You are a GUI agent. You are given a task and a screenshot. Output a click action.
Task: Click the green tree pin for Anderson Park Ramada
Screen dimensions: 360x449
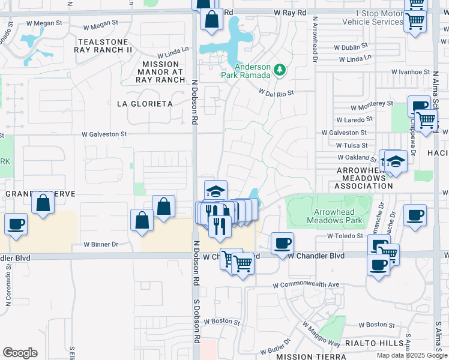[x=279, y=70]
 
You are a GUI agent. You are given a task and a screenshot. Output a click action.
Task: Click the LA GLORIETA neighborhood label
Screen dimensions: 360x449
[x=145, y=104]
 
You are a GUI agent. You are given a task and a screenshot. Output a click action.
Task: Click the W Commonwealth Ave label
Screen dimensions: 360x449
[x=306, y=284]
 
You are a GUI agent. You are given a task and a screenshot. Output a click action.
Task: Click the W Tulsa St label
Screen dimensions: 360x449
[x=352, y=145]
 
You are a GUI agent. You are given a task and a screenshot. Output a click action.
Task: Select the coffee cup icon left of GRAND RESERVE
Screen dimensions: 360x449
[x=16, y=224]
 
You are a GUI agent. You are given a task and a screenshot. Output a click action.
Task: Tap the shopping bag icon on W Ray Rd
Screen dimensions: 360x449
[x=211, y=19]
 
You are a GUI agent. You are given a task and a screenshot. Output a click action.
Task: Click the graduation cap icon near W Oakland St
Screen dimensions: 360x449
[x=396, y=161]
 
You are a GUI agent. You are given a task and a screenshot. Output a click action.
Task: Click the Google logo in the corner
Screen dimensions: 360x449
[x=20, y=353]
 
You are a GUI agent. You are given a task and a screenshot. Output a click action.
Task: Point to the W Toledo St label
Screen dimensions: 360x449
[x=346, y=236]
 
